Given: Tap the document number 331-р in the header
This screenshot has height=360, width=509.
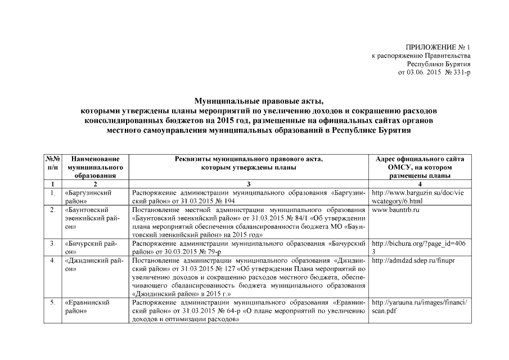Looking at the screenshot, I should (457, 73).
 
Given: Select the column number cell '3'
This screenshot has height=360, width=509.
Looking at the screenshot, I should (247, 184).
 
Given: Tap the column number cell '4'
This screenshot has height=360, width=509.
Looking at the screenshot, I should (421, 184).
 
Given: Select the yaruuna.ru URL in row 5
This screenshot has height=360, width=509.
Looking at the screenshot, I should (420, 307).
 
